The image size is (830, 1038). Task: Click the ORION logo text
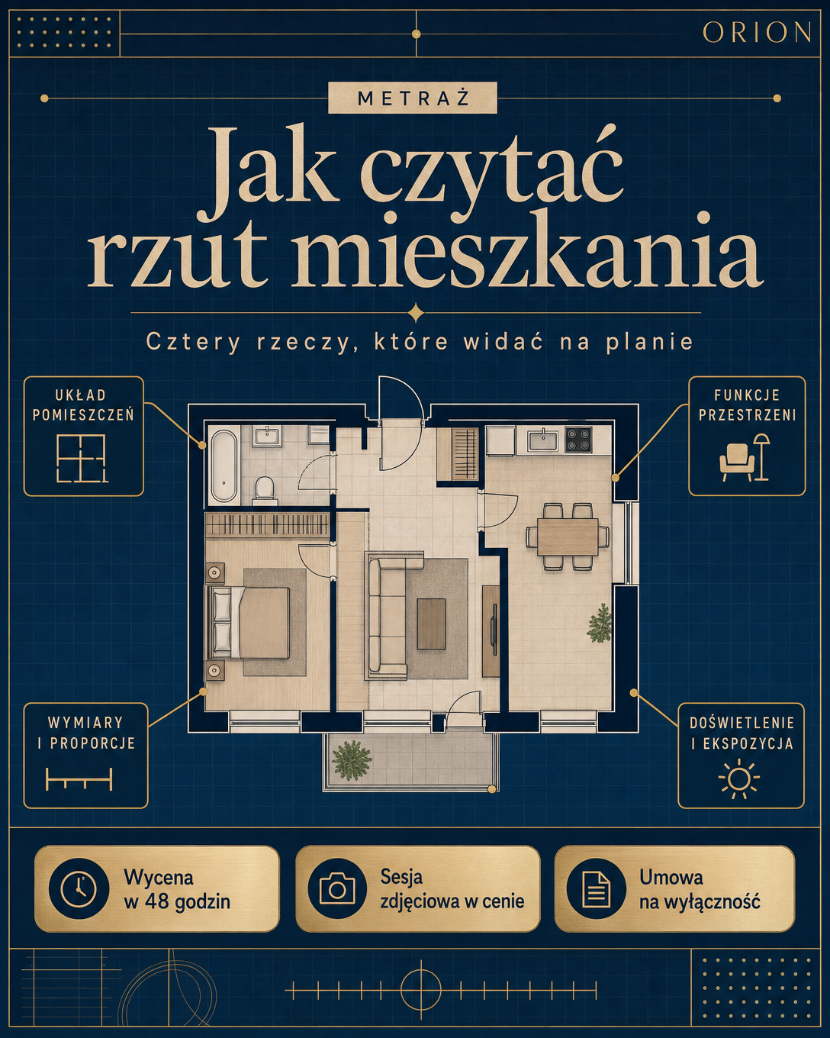tap(756, 33)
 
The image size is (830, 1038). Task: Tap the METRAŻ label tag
tap(413, 98)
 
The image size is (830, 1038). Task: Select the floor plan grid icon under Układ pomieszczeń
tap(82, 458)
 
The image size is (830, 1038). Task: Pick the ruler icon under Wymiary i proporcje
tap(79, 779)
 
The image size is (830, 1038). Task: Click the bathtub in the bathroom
tap(224, 466)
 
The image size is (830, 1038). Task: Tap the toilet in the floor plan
tap(264, 491)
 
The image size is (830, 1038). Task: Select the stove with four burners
tap(578, 440)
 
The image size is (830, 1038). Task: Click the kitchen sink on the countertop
tap(542, 440)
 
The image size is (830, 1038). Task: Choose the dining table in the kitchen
tap(568, 537)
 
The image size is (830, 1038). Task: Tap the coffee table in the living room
tap(431, 624)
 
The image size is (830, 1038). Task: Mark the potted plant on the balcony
tap(352, 760)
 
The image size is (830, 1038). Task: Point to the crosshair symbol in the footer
tap(421, 990)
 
